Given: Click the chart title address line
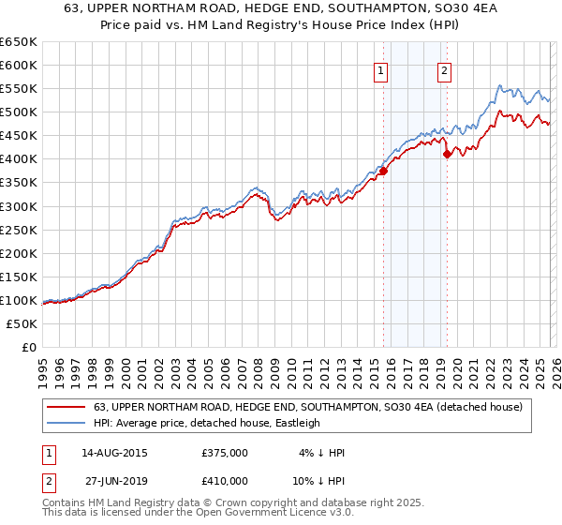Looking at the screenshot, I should pos(281,10).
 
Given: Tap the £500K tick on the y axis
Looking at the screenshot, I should pos(18,112).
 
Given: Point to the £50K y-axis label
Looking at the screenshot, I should pos(22,323).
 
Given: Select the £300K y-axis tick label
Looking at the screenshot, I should pos(18,206).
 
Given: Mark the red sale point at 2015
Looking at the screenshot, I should pos(383,170).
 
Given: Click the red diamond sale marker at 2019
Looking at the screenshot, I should pos(447,155).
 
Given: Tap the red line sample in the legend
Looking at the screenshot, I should pos(67,406).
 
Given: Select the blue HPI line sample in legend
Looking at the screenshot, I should pos(67,423).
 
